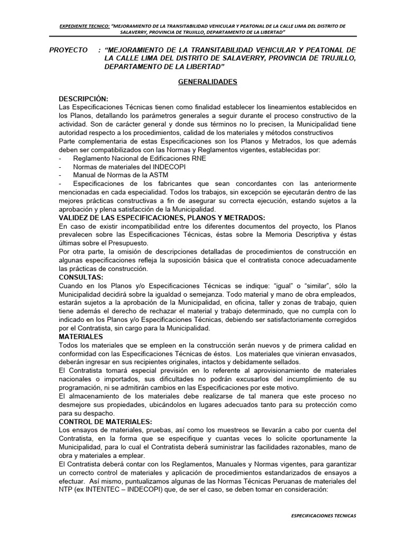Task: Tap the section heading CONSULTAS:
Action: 81,277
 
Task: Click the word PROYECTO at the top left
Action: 68,49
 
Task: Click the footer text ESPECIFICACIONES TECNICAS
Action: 324,515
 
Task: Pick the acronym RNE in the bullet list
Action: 199,158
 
